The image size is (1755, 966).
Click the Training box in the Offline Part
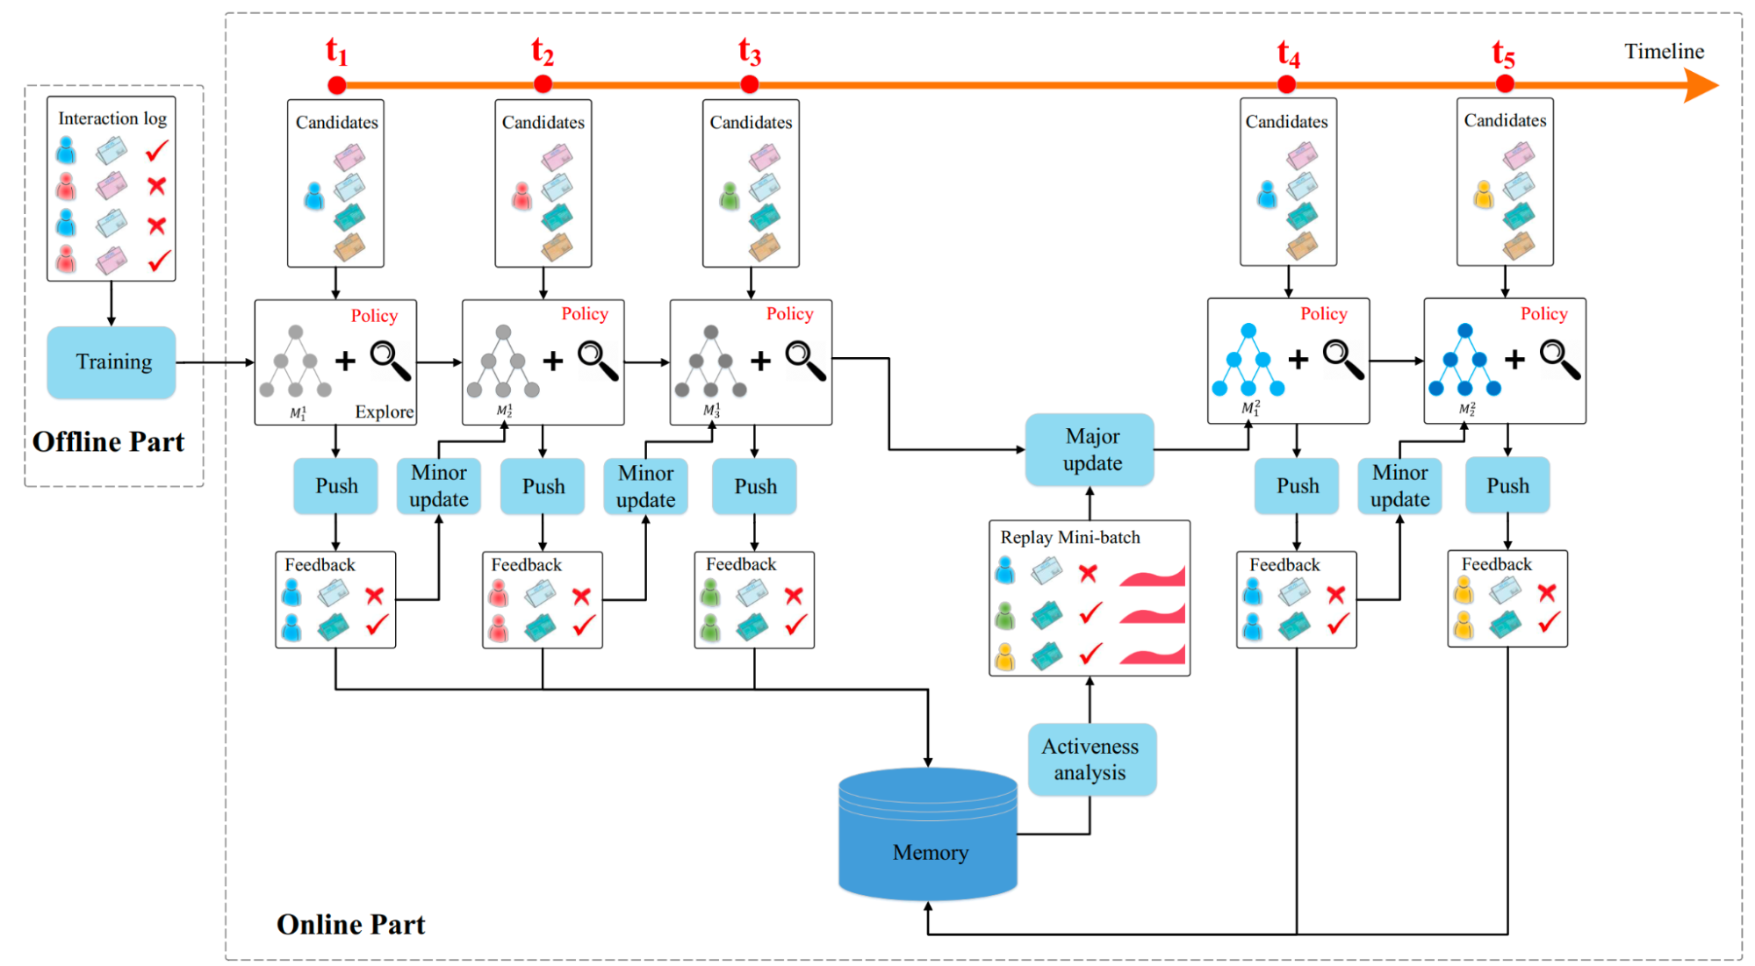coord(111,361)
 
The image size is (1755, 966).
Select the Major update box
coord(1090,449)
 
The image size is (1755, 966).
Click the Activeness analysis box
coord(1090,759)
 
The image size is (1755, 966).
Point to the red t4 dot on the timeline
coord(1286,84)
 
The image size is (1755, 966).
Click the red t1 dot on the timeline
coord(336,85)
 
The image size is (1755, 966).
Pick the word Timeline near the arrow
coord(1663,51)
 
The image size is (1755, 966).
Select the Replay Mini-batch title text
coord(1069,537)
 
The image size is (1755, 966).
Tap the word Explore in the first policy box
coord(384,411)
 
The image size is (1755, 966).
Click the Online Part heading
coord(350,924)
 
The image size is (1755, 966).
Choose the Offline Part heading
coord(108,441)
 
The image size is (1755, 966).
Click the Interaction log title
coord(111,118)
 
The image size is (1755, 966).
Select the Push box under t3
coord(755,486)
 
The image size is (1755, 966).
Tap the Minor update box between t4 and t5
coord(1399,485)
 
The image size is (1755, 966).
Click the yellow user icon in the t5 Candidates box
coord(1484,195)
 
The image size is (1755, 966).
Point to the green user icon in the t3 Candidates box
coord(729,197)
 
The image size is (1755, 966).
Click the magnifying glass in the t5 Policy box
coord(1560,360)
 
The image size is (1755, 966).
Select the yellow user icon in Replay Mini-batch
coord(1005,656)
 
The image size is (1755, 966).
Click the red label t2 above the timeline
coord(542,52)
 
